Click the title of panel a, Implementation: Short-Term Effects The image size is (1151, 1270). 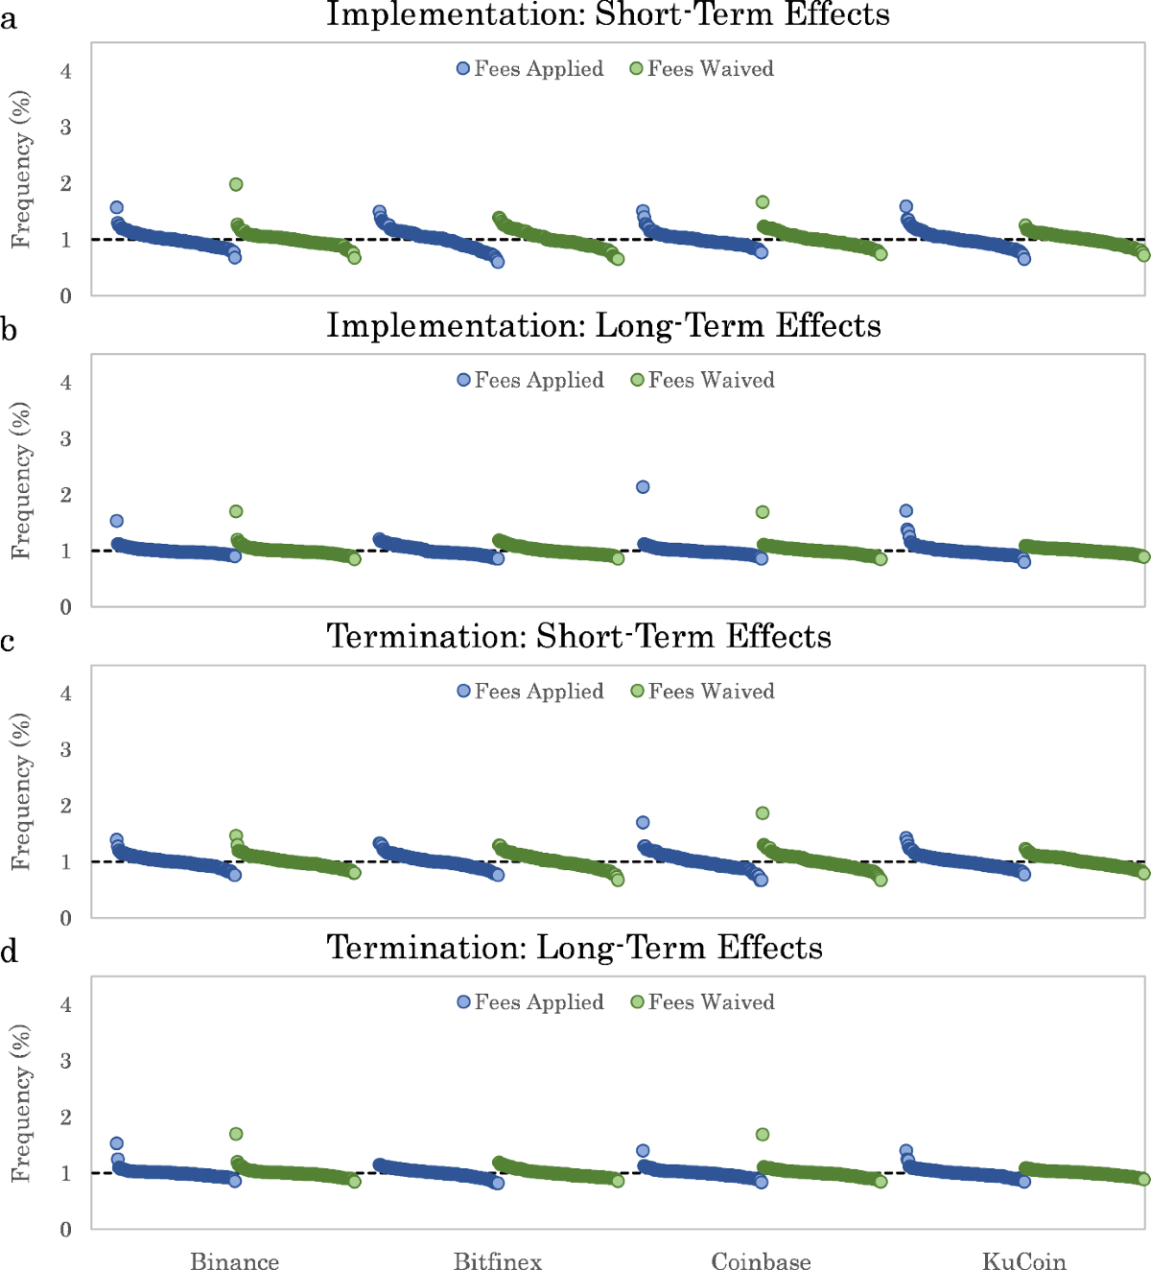coord(607,14)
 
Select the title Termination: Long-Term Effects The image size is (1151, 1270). coord(575,948)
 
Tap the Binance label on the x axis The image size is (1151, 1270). coord(235,1260)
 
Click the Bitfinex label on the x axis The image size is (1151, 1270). coord(498,1260)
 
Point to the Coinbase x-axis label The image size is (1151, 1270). coord(761,1260)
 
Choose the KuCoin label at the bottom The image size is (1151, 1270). coord(1024,1260)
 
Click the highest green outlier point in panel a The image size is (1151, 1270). coord(236,184)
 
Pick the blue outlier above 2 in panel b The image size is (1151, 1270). coord(643,487)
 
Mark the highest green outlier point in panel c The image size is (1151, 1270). coord(763,813)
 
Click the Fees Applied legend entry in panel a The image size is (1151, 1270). coord(530,69)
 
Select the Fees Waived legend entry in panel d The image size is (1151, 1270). coord(702,1002)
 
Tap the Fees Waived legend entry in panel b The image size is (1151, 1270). coord(702,381)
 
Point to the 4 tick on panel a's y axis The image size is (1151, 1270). coord(65,71)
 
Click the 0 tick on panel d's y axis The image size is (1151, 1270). coord(65,1230)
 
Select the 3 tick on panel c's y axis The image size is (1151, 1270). coord(65,749)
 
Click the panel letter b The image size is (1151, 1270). coord(9,330)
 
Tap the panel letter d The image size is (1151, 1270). coord(9,952)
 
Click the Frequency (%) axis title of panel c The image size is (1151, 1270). coord(21,792)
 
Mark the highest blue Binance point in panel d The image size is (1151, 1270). coord(117,1143)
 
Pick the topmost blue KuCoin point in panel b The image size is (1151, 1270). coord(905,511)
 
